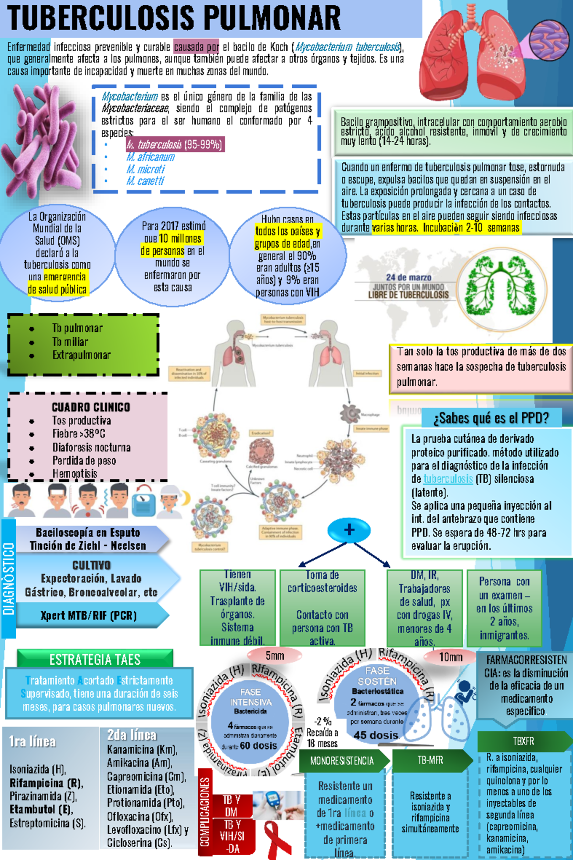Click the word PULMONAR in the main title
click(273, 18)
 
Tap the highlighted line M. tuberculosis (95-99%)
click(175, 144)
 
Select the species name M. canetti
click(145, 181)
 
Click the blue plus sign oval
click(349, 530)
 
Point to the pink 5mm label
click(275, 656)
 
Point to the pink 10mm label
click(450, 657)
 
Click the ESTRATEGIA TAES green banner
click(95, 659)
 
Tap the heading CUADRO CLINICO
click(91, 407)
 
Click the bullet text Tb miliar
click(70, 342)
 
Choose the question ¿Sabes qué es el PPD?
click(491, 418)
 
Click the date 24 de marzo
click(409, 277)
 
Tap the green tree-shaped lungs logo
click(501, 287)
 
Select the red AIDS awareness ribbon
click(278, 839)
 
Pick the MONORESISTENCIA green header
click(342, 761)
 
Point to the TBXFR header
click(523, 741)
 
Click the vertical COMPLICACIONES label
click(205, 812)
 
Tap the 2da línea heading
click(131, 735)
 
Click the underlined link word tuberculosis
click(448, 479)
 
